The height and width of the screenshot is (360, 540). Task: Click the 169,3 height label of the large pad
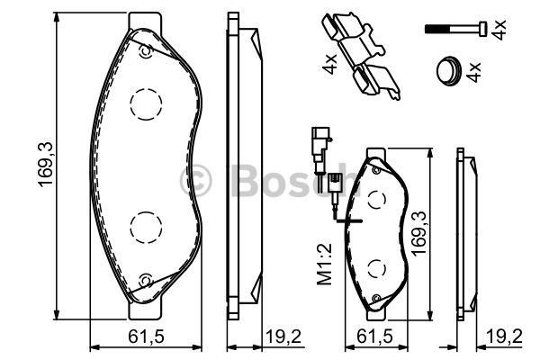(x=46, y=165)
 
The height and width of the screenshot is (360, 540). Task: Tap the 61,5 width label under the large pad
(x=146, y=337)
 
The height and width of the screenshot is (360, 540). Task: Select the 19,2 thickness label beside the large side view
(x=284, y=337)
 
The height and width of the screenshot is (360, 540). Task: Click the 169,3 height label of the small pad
(x=419, y=233)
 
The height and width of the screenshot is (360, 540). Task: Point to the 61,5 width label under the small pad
(x=374, y=337)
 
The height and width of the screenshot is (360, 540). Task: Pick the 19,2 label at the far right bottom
(x=504, y=337)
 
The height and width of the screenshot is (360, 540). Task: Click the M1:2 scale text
(x=324, y=265)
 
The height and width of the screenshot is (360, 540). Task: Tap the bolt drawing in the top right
(x=456, y=28)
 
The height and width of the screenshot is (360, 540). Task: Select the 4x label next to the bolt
(x=499, y=30)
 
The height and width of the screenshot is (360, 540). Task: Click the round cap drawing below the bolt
(x=447, y=70)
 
